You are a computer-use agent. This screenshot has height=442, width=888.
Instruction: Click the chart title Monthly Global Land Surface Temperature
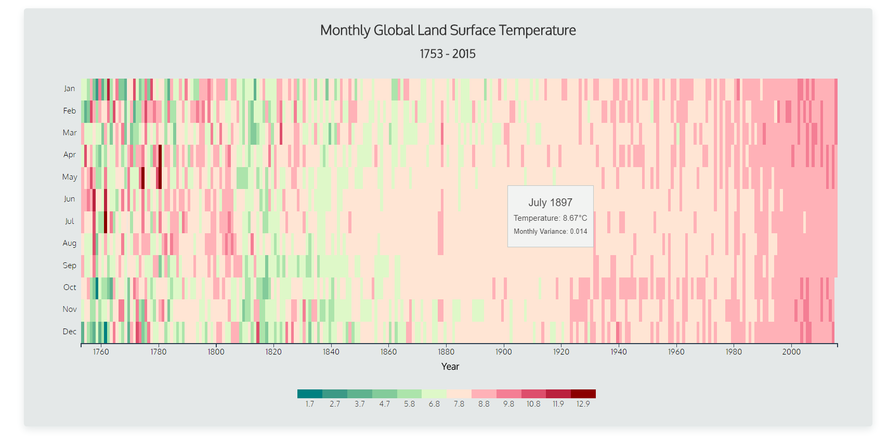(x=448, y=30)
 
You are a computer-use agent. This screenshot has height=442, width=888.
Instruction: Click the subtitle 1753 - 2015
(x=448, y=54)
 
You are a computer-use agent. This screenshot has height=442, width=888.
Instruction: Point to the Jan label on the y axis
(x=70, y=89)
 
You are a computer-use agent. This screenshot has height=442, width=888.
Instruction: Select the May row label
(x=70, y=177)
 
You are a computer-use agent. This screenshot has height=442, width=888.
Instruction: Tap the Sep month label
(x=70, y=265)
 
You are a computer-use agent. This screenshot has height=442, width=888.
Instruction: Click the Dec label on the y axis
(x=70, y=331)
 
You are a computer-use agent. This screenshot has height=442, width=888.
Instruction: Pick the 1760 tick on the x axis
(x=101, y=352)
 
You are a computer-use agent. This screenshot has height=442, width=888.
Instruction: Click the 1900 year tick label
(x=503, y=352)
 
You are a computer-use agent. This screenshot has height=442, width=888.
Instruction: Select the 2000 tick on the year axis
(x=791, y=352)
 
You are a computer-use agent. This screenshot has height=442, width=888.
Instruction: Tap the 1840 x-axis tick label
(x=331, y=352)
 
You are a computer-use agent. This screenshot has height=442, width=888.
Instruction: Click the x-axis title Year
(x=450, y=367)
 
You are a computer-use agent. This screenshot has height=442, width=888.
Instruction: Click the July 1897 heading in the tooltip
(x=550, y=203)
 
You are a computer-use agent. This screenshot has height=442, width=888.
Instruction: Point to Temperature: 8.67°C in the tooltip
(x=550, y=218)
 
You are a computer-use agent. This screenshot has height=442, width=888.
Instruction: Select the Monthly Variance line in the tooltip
(x=550, y=232)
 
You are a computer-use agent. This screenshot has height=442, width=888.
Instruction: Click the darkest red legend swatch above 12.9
(x=583, y=394)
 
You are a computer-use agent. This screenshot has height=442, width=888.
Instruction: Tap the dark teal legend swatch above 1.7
(x=310, y=394)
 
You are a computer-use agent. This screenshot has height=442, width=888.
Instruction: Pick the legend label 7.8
(x=459, y=404)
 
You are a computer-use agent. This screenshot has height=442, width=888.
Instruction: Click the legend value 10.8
(x=533, y=404)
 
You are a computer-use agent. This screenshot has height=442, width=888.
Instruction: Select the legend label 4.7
(x=384, y=404)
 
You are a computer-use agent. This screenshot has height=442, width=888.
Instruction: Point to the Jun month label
(x=70, y=199)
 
